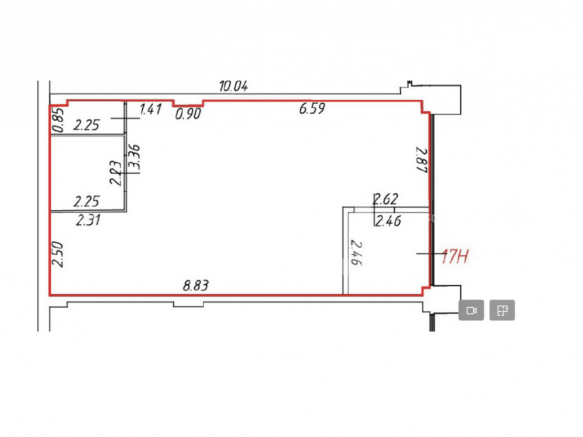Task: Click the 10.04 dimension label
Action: [x=233, y=86]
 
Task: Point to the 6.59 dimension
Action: [x=312, y=108]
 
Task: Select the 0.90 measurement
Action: [x=188, y=114]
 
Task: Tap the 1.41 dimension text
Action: [x=150, y=110]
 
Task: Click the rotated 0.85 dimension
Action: [x=59, y=119]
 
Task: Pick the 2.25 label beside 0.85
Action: [x=86, y=125]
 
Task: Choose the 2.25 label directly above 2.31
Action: [x=86, y=202]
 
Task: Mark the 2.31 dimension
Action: [x=88, y=220]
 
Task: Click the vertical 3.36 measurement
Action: [x=134, y=157]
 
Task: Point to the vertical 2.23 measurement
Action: [x=115, y=173]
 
